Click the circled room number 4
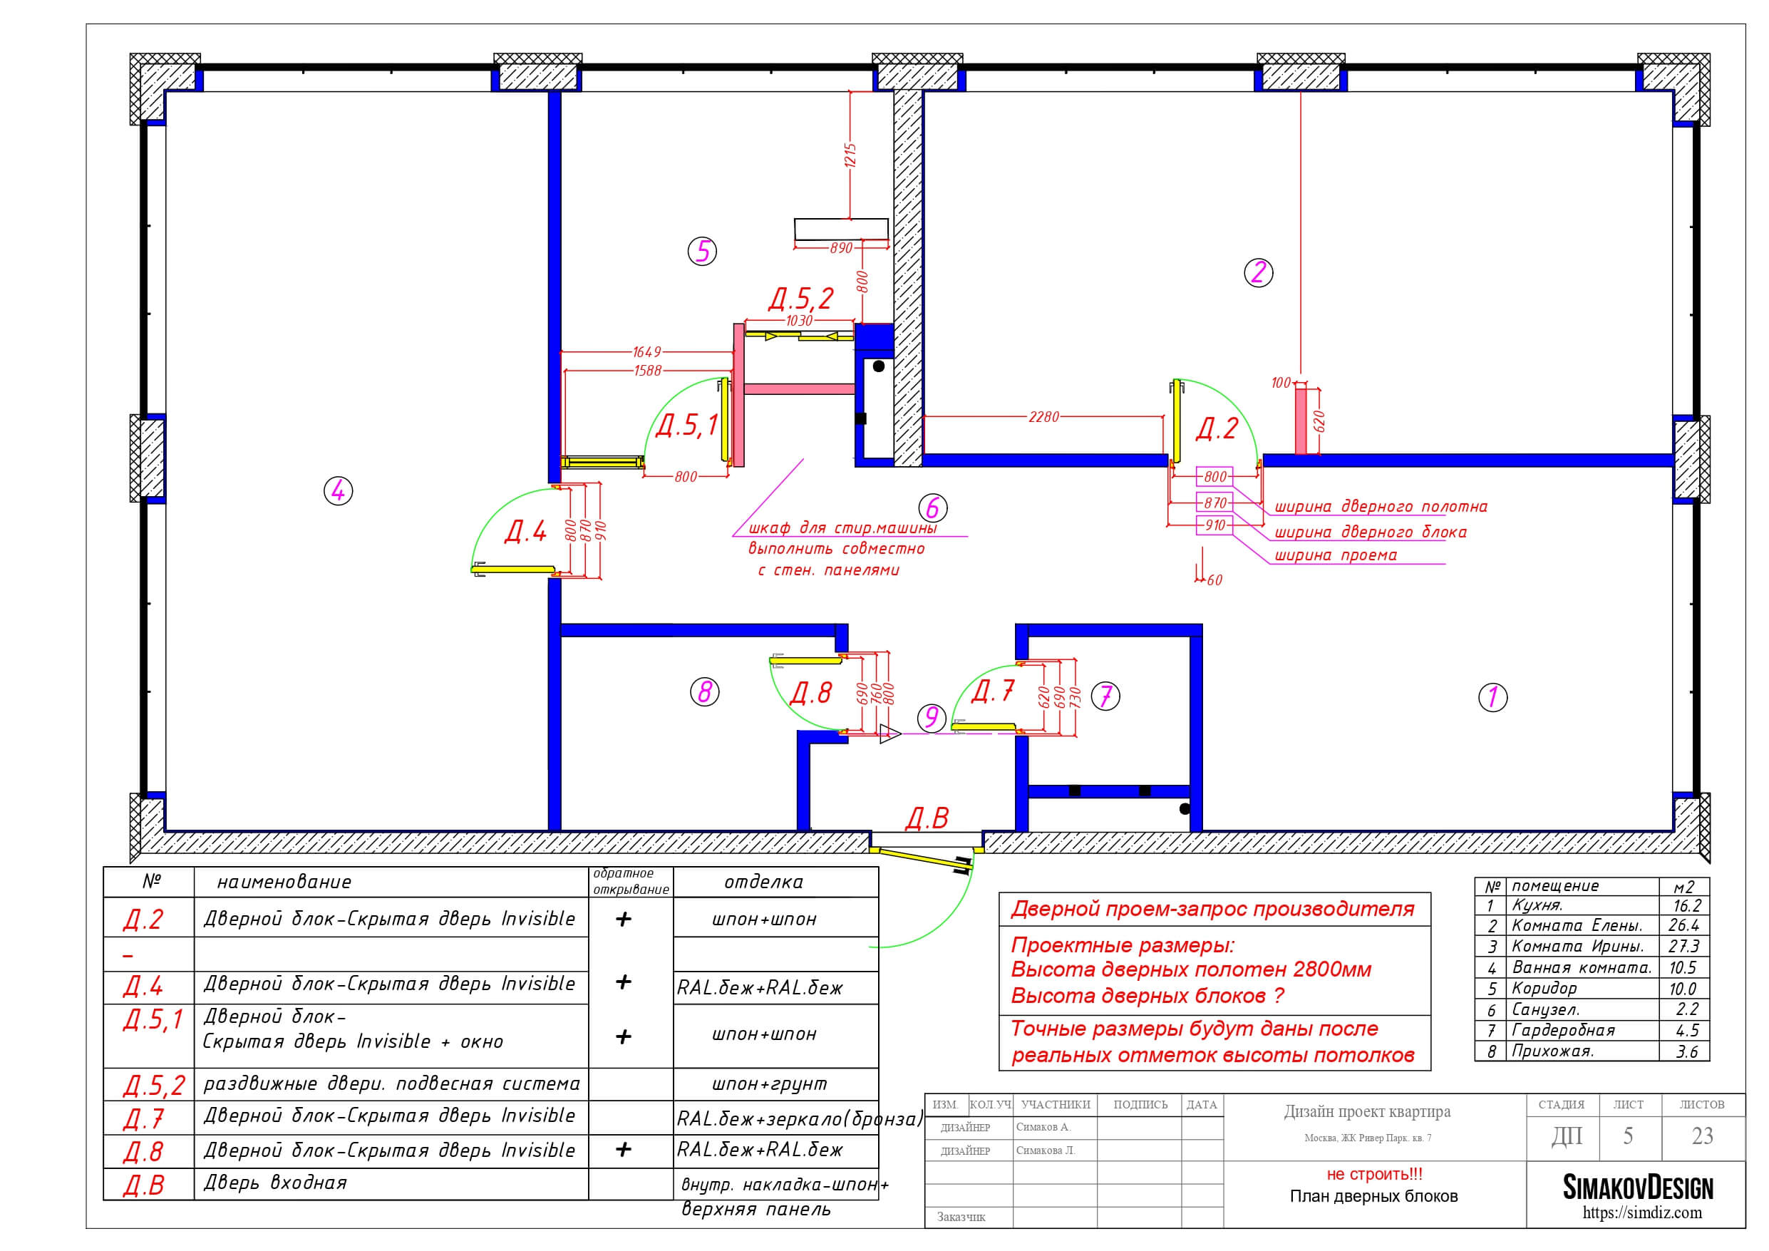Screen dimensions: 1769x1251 [x=339, y=491]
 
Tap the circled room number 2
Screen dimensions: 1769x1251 [x=1258, y=272]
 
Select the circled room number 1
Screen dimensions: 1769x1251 [x=1492, y=697]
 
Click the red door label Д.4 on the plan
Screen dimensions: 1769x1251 [x=525, y=531]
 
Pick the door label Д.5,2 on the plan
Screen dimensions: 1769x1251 [x=801, y=298]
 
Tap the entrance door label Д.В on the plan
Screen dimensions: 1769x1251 [x=926, y=818]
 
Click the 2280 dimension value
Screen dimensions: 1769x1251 [x=1044, y=417]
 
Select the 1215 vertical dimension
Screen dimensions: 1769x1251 [x=850, y=155]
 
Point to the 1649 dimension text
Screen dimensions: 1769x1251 [x=646, y=351]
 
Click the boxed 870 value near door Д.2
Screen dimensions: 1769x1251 [x=1214, y=503]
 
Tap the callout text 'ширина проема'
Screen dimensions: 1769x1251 [x=1335, y=555]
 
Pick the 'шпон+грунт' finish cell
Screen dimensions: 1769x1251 [x=769, y=1083]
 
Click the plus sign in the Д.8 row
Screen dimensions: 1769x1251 [x=624, y=1149]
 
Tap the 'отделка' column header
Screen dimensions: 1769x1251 [x=763, y=882]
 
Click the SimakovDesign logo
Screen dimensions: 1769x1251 [x=1637, y=1188]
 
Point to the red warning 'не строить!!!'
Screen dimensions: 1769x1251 [x=1375, y=1174]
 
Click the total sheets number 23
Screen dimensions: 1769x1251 [x=1702, y=1136]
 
